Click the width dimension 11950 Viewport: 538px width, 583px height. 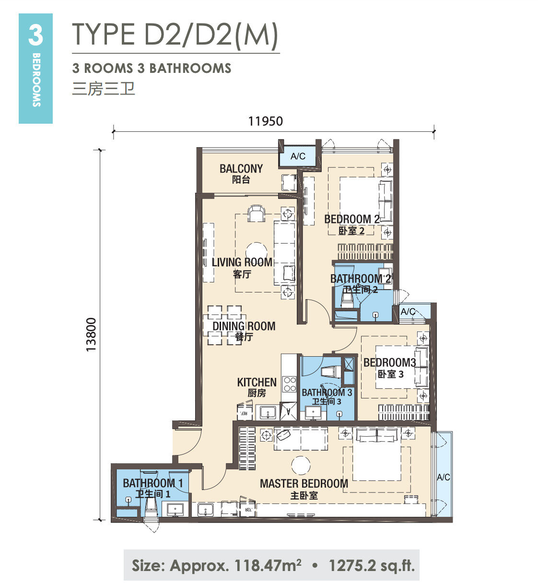coord(266,121)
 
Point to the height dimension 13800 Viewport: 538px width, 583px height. coord(91,334)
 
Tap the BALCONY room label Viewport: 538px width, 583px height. coord(241,168)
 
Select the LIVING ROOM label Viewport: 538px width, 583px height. coord(242,262)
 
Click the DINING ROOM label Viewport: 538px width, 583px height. coord(244,326)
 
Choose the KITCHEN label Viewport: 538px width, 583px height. coord(257,382)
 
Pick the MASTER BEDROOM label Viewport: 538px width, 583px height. coord(304,483)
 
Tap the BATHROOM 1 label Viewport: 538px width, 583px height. coord(152,483)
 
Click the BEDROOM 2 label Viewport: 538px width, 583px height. coord(352,219)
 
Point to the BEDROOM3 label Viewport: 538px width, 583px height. coord(390,362)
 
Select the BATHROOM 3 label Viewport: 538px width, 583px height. coord(327,393)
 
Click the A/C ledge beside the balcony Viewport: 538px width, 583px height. coord(298,156)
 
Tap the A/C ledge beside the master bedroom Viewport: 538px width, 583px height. coord(443,477)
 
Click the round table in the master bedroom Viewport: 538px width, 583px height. coord(301,465)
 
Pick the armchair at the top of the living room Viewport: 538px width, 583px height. coord(257,213)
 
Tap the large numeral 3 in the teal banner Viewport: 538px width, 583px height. coord(35,35)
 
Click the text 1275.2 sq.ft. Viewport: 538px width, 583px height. coord(372,565)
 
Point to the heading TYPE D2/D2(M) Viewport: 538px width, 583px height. coord(175,35)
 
